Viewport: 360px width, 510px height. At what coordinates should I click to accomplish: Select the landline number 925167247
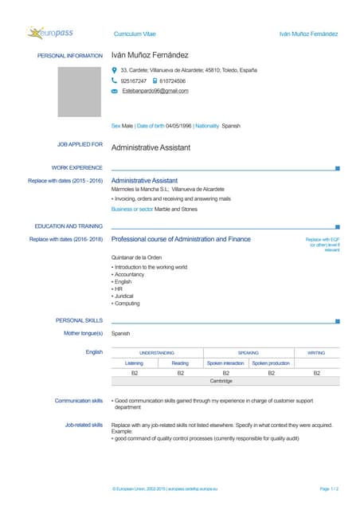point(134,80)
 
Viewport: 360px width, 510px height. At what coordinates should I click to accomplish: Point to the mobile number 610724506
point(172,80)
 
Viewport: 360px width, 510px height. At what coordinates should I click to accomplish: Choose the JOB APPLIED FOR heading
point(80,145)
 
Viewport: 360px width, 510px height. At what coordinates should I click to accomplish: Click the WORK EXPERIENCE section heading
point(76,167)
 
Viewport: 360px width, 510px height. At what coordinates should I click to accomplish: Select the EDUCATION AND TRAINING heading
point(68,226)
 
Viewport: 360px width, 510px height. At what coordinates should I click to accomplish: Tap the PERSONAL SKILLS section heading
point(79,320)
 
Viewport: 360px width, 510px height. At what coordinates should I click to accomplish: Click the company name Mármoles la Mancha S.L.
point(139,189)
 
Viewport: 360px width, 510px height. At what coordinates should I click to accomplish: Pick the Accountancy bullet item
point(132,274)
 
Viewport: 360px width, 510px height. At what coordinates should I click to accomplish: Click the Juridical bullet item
point(127,296)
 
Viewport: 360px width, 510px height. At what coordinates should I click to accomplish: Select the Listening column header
point(134,363)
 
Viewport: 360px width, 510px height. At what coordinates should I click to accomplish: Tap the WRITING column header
point(316,352)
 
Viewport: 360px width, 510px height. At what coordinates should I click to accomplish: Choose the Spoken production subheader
point(271,363)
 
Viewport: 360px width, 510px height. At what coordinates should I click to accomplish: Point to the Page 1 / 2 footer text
point(329,488)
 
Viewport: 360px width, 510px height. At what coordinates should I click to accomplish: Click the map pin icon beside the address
point(115,70)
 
